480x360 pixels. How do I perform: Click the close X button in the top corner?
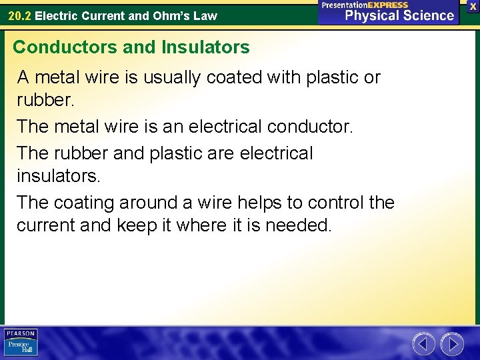(473, 6)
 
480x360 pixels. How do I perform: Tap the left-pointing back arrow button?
(423, 344)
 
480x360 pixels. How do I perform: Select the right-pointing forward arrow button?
(453, 344)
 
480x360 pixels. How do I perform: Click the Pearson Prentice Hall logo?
(21, 343)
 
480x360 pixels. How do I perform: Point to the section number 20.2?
(19, 15)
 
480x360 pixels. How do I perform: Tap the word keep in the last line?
(136, 225)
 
